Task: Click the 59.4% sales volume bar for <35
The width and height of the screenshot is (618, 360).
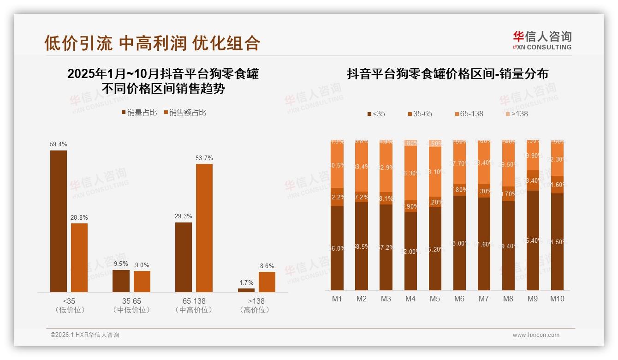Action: (x=59, y=221)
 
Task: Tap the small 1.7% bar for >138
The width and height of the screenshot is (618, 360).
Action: (x=246, y=290)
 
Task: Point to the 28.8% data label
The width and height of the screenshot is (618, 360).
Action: (x=79, y=217)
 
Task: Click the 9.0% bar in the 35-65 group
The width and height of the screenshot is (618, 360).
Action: (x=142, y=281)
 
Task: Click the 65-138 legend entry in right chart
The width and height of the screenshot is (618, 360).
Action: (x=469, y=114)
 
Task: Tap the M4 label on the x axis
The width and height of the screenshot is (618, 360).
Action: (x=410, y=299)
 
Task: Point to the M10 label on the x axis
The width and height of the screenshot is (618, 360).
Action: (x=557, y=299)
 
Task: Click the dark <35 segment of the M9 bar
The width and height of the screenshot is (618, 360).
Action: (x=533, y=240)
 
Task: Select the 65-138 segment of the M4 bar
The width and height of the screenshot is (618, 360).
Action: (x=410, y=173)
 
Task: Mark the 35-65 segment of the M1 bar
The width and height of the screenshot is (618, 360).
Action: (x=337, y=197)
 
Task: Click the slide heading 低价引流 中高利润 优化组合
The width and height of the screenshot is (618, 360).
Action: (x=152, y=43)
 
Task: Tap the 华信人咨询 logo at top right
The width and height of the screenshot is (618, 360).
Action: (x=542, y=40)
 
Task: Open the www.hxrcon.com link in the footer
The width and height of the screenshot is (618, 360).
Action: (x=536, y=335)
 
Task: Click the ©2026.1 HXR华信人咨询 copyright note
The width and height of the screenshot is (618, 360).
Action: (x=85, y=335)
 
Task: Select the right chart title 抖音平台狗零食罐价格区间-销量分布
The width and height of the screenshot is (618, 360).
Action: (x=447, y=74)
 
